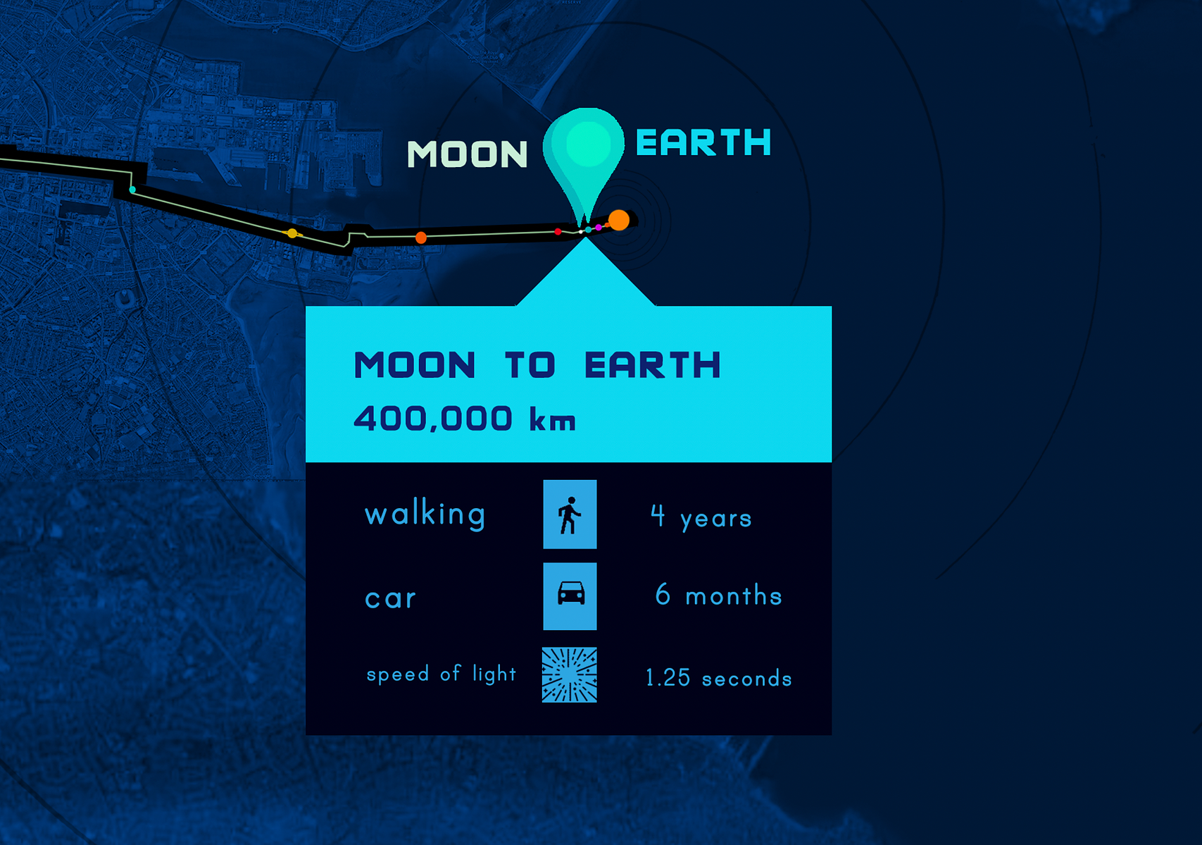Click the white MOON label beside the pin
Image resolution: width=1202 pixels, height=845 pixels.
point(468,154)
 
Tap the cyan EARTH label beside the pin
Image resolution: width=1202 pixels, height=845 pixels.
point(703,142)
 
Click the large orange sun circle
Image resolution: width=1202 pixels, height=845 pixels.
point(619,221)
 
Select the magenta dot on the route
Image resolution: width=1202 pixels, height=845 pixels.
point(599,227)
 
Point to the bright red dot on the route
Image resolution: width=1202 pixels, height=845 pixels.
point(558,232)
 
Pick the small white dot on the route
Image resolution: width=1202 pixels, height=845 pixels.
point(581,232)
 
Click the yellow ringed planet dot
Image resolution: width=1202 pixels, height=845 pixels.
point(292,233)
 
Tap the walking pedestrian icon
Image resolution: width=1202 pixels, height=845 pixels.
point(570,514)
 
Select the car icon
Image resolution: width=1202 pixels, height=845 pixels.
point(570,596)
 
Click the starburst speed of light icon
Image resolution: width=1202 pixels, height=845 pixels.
point(570,674)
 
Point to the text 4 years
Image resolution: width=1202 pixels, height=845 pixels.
point(701,517)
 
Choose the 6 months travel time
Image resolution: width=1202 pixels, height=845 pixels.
point(718,596)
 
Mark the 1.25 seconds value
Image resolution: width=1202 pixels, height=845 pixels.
point(719,678)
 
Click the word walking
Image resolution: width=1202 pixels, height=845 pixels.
point(425,514)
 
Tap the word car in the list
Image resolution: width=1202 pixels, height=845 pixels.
point(390,598)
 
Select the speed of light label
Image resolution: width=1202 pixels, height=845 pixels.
point(441,674)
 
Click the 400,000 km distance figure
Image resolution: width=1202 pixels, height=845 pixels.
point(465,419)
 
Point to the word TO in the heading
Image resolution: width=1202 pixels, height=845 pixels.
point(530,365)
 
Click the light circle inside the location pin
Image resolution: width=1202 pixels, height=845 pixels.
point(588,144)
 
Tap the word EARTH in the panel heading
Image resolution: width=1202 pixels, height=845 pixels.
point(653,365)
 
